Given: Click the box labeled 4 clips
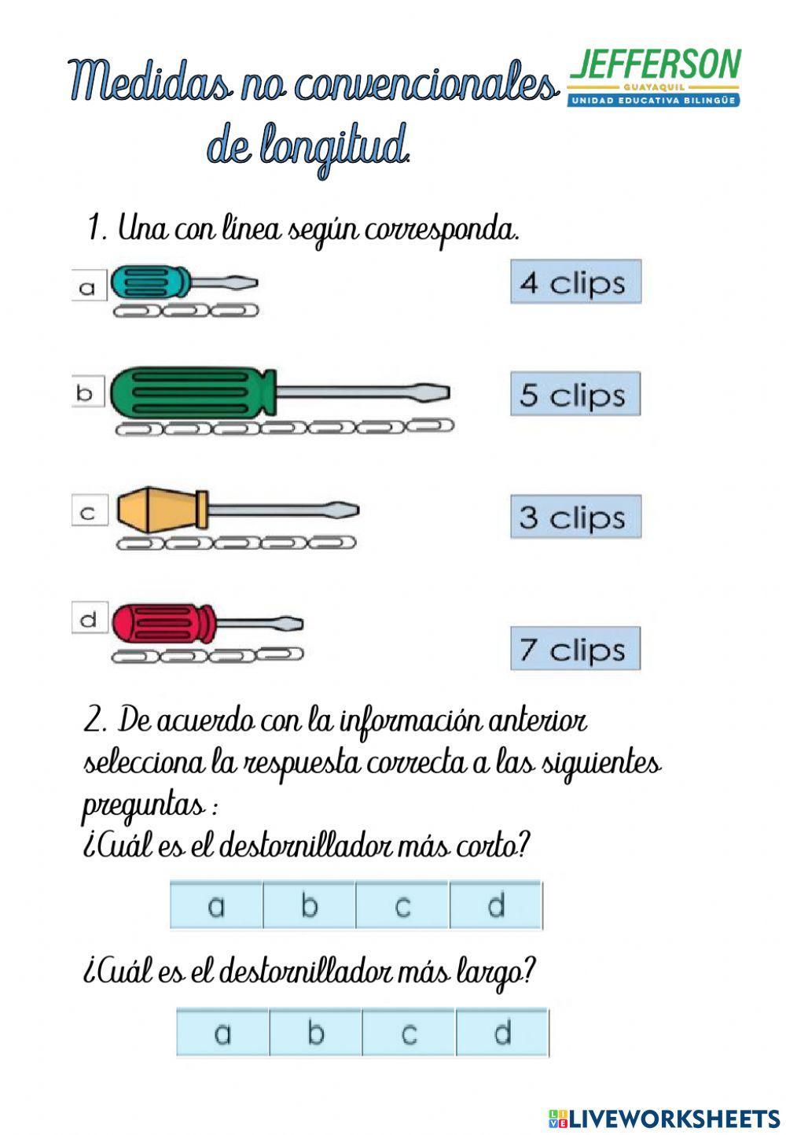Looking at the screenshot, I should coord(575,282).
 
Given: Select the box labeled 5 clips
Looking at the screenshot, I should coord(575,395).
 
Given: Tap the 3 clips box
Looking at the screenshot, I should coord(575,517).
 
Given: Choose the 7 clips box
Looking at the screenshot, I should coord(575,649).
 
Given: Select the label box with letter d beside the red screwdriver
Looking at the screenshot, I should coord(90,619).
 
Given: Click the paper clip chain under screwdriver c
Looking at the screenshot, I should coord(236,543).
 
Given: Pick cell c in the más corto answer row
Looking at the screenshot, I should coord(402,906).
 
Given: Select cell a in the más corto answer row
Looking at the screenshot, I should coord(216,906).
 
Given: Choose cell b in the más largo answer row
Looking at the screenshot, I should coord(315,1033).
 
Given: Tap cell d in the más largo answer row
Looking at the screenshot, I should coord(501,1033).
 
